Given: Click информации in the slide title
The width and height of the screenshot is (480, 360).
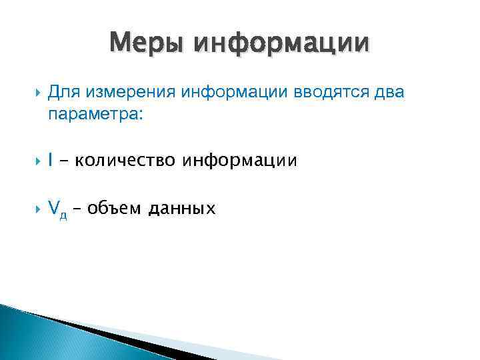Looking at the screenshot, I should coord(279,44).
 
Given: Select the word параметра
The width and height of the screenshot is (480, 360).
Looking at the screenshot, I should coord(95,114).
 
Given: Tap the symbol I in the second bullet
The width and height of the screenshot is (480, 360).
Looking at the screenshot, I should coord(51,161).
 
